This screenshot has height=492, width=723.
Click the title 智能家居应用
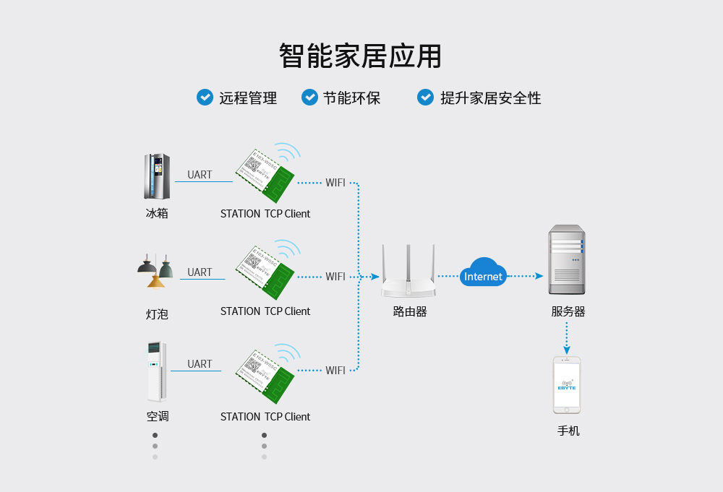(360, 56)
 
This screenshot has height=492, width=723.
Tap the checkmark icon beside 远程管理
(205, 97)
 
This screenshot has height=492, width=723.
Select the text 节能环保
(351, 98)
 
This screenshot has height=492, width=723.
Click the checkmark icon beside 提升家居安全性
(426, 97)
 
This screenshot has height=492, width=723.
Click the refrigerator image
(157, 176)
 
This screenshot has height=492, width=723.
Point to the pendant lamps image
(156, 271)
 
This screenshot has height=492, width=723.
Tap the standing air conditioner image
(156, 371)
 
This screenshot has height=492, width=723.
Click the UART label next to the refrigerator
(200, 175)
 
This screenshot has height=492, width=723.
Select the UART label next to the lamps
(200, 272)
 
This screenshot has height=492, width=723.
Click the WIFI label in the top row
(335, 183)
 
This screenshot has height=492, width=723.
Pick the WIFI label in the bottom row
(335, 371)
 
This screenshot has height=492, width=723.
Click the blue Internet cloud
(483, 273)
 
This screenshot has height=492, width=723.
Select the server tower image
(566, 260)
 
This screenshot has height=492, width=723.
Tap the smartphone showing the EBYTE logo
(567, 384)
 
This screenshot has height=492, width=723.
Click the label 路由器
(410, 312)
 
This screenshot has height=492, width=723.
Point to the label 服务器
(568, 312)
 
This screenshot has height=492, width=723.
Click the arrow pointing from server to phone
(567, 339)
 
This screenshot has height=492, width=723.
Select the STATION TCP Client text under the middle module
(265, 311)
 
